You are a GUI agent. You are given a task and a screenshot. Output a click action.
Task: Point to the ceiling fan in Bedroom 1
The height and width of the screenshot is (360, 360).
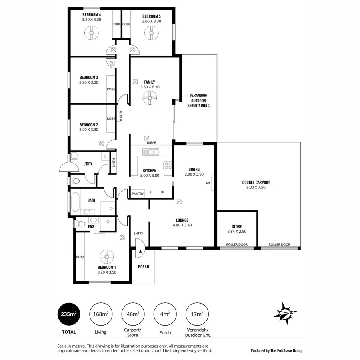tap(107, 255)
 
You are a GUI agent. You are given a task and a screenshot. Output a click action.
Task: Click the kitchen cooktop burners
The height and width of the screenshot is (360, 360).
tap(168, 165)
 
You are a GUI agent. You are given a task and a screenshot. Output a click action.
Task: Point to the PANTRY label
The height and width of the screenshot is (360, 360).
tap(138, 192)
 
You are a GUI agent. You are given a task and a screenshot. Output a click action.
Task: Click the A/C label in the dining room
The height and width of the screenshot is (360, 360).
tap(208, 184)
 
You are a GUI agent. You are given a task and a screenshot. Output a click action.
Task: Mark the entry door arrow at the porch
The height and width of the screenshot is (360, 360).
tap(140, 250)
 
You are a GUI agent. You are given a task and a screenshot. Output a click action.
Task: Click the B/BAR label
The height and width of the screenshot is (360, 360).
tap(151, 143)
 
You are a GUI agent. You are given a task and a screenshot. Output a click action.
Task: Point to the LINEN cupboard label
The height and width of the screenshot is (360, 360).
tap(114, 162)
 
